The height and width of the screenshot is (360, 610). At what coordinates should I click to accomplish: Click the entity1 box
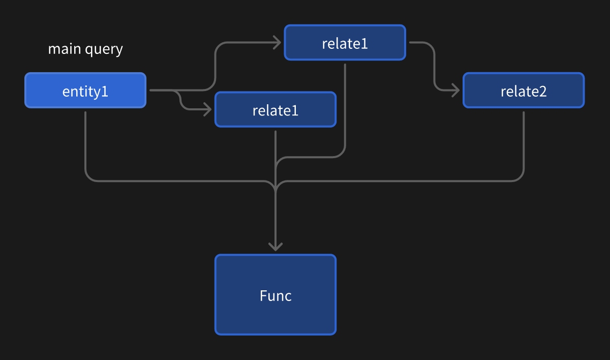click(85, 91)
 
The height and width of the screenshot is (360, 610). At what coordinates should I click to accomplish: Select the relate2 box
click(524, 91)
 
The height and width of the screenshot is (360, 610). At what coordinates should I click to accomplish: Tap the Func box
click(276, 295)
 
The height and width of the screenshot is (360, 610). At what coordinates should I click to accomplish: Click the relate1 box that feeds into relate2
click(345, 43)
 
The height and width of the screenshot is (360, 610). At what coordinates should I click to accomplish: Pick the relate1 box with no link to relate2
click(276, 109)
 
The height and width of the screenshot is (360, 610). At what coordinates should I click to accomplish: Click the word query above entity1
click(104, 50)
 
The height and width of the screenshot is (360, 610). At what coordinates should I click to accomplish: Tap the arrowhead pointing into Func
click(276, 247)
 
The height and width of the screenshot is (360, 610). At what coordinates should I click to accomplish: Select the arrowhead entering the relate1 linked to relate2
click(277, 43)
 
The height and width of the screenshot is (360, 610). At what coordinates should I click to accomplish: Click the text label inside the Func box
click(276, 295)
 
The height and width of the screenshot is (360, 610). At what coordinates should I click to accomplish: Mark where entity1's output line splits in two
click(175, 91)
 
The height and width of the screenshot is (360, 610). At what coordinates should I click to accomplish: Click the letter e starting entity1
click(66, 92)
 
